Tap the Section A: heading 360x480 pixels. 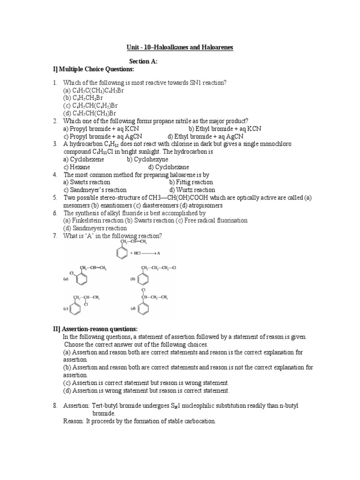[143, 61]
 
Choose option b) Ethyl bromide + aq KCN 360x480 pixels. [225, 128]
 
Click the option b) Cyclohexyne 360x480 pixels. [147, 159]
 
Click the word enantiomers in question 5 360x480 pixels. [112, 205]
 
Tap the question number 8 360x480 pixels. [55, 405]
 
